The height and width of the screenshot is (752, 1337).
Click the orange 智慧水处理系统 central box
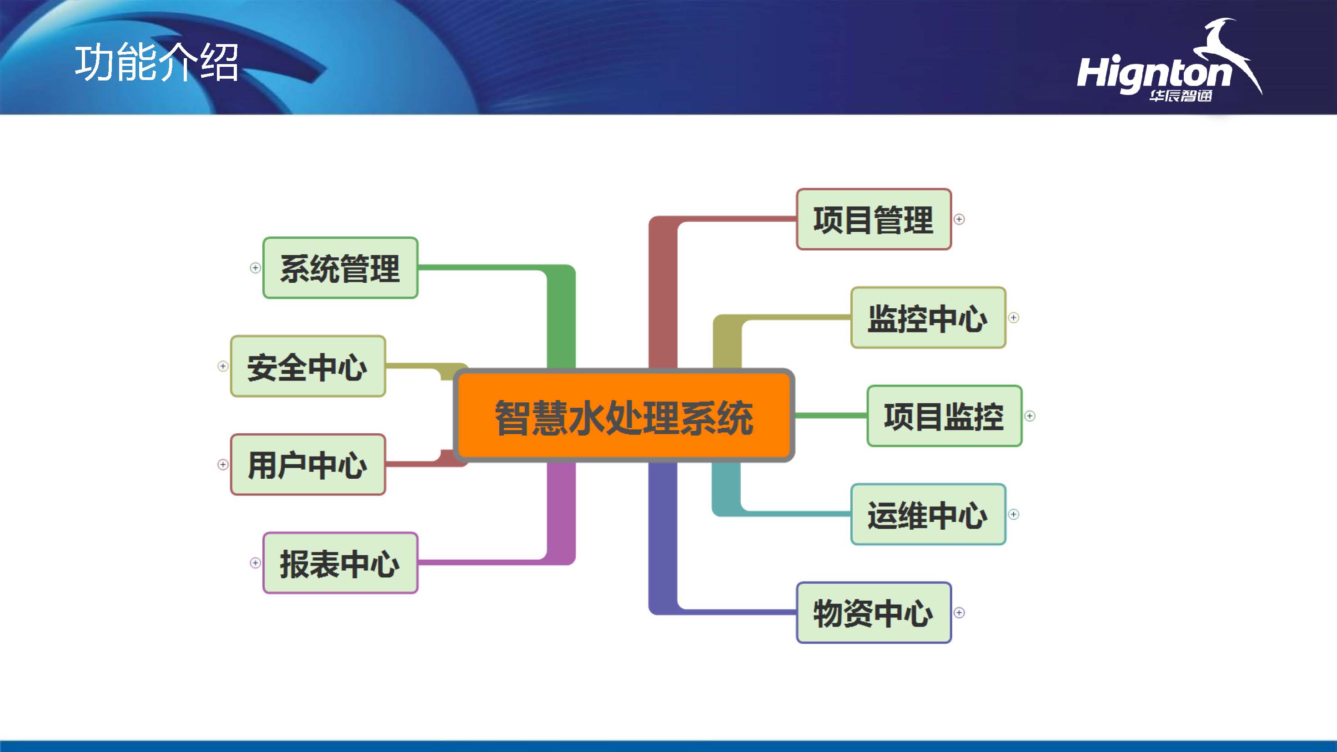tap(624, 416)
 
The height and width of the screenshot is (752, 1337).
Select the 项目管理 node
tap(874, 219)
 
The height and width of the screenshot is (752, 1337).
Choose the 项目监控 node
tap(944, 416)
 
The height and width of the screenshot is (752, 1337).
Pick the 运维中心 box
tap(928, 514)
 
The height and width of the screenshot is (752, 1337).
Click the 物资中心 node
tap(874, 612)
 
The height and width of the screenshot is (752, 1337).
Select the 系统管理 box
tap(340, 268)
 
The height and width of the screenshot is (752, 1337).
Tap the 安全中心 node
tap(308, 366)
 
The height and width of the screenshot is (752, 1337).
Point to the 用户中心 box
tap(308, 465)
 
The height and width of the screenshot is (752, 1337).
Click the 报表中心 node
tap(340, 563)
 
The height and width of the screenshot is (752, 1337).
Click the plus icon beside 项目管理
tap(959, 220)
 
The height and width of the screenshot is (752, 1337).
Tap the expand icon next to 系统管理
tap(255, 268)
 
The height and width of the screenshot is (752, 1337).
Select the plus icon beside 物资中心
tap(959, 613)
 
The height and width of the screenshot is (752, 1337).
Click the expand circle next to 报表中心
tap(255, 563)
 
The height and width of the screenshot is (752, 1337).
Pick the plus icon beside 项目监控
tap(1030, 416)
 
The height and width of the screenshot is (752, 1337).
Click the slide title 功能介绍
tap(156, 63)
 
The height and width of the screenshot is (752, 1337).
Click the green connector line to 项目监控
tap(830, 416)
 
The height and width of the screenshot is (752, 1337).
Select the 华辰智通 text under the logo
tap(1180, 96)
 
